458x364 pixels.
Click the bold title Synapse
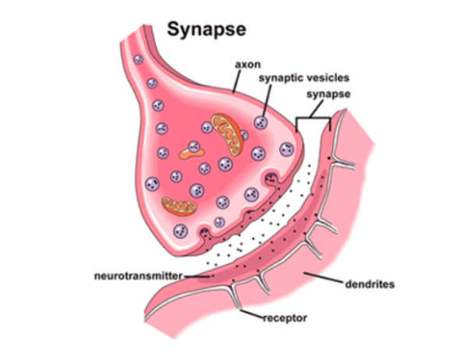[x=207, y=30]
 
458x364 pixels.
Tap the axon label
[x=247, y=65]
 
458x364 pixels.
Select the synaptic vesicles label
[x=304, y=78]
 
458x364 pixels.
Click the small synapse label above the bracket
[x=328, y=94]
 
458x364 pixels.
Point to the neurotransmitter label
[x=138, y=276]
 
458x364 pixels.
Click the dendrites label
[x=370, y=284]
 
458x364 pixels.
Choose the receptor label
[x=285, y=318]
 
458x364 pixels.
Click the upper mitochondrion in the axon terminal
[x=227, y=134]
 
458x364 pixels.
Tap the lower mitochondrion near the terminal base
[x=179, y=207]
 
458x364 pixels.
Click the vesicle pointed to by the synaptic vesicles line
[x=261, y=122]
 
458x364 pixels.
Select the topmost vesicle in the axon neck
[x=138, y=59]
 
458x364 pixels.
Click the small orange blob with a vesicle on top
[x=192, y=153]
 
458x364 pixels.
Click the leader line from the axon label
[x=237, y=81]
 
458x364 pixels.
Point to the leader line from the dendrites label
[x=323, y=277]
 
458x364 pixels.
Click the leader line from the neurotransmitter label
[x=197, y=276]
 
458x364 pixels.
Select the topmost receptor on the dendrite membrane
[x=343, y=163]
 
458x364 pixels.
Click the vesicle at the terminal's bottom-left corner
[x=180, y=231]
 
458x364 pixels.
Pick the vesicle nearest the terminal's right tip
[x=287, y=150]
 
